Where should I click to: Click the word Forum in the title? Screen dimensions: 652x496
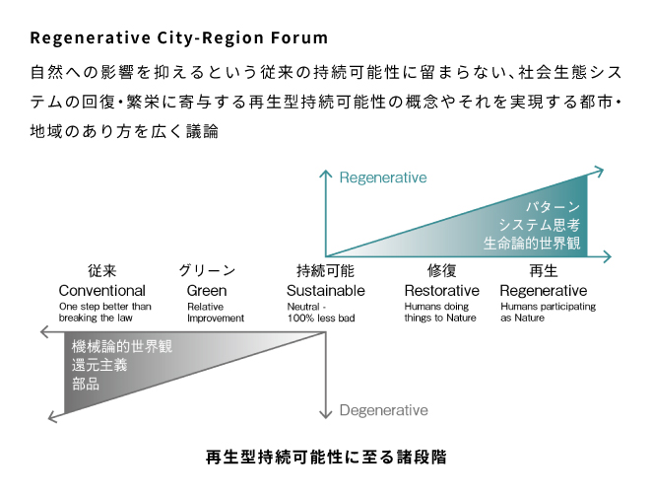point(299,37)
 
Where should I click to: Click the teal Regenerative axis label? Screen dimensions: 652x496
point(383,177)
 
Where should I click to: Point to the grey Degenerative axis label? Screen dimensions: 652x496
point(383,410)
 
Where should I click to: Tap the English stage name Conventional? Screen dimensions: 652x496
point(101,290)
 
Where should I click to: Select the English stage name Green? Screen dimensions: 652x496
point(207,290)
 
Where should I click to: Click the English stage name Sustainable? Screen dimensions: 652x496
point(326,290)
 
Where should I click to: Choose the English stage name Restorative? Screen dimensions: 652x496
point(441,290)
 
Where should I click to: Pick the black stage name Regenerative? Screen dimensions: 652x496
point(544,290)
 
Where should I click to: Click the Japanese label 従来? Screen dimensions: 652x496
point(101,271)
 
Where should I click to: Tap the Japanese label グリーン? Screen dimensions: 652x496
point(207,271)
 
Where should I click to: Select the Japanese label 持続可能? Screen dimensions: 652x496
point(325,271)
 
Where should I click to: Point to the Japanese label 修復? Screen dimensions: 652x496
point(441,271)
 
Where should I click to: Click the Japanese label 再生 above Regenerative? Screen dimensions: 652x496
point(544,271)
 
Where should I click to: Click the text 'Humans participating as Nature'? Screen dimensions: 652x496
point(548,312)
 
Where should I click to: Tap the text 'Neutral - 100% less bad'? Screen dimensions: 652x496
point(321,312)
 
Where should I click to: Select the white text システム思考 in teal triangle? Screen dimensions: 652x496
point(539,225)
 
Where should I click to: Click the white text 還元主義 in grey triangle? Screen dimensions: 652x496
point(99,365)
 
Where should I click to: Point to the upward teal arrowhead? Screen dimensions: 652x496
point(326,174)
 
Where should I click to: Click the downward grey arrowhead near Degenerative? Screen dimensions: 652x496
point(326,414)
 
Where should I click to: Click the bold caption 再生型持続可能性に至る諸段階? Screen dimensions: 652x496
point(326,457)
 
